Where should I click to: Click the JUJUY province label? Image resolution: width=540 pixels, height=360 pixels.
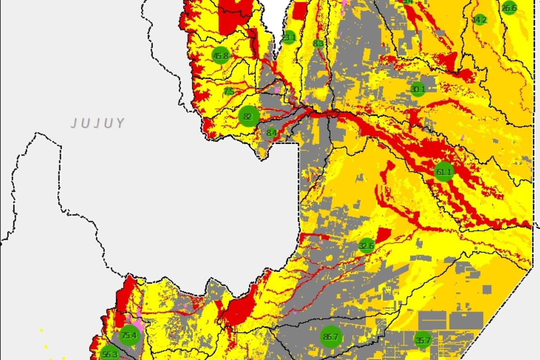(x=97, y=123)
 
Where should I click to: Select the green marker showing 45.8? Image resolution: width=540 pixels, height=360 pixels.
(x=220, y=56)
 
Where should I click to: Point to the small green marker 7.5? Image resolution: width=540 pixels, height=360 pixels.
(x=229, y=91)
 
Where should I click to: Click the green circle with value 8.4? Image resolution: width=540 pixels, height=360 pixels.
(x=272, y=133)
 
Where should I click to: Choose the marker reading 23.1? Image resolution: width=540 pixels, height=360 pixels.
(x=288, y=38)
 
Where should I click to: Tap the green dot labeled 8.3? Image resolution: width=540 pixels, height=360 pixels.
(x=318, y=44)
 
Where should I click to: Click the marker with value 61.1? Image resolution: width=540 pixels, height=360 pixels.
(x=444, y=171)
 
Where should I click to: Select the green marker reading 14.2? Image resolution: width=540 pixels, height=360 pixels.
(x=480, y=20)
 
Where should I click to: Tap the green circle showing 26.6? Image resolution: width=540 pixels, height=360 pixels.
(x=509, y=8)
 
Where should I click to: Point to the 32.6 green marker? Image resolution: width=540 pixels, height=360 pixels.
(x=366, y=246)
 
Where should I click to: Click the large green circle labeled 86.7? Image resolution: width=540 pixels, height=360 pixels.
(x=331, y=337)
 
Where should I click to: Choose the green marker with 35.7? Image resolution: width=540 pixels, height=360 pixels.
(x=423, y=340)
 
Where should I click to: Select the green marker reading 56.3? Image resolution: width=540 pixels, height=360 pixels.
(x=110, y=354)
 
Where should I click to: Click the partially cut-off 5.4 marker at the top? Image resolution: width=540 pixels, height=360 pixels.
(x=408, y=2)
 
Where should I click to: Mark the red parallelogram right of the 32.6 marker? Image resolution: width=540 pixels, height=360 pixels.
(x=383, y=235)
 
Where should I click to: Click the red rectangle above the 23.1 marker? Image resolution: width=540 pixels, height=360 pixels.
(x=299, y=11)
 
